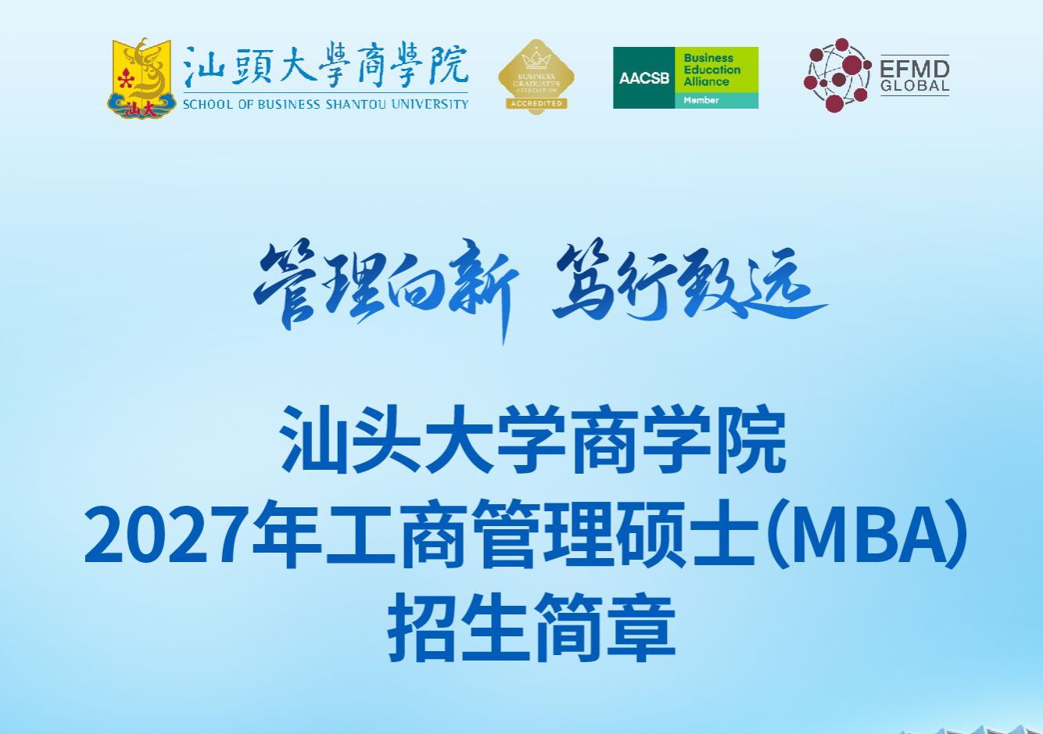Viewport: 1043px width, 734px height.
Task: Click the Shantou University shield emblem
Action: click(x=141, y=78)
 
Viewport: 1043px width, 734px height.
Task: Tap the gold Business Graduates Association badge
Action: click(x=536, y=77)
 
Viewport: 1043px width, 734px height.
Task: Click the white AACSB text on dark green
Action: click(x=644, y=78)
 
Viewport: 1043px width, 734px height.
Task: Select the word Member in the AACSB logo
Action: click(x=701, y=100)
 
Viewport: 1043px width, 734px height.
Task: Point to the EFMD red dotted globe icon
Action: click(x=837, y=75)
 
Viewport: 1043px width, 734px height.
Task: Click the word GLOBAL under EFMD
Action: click(x=915, y=86)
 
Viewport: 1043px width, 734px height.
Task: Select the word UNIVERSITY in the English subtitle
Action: click(x=429, y=104)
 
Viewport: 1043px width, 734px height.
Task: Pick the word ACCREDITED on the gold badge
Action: click(x=536, y=103)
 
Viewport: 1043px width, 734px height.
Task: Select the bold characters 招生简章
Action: click(x=532, y=626)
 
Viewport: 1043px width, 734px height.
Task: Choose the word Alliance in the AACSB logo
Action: click(x=706, y=81)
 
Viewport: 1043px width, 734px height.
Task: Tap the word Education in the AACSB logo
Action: click(x=712, y=70)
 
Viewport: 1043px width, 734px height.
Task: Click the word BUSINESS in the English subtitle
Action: click(x=289, y=104)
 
